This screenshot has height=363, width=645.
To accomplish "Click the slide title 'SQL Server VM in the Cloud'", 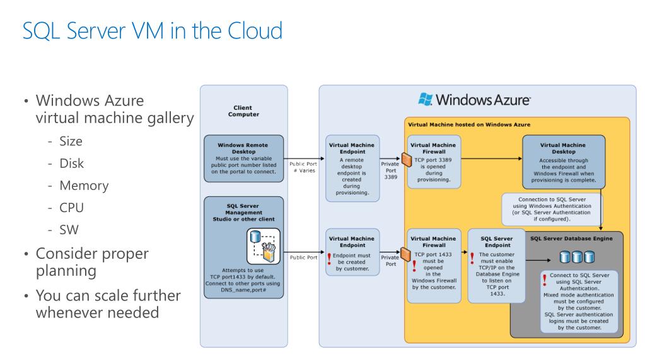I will pos(152,31).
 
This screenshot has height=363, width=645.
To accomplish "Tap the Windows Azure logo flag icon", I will pos(426,99).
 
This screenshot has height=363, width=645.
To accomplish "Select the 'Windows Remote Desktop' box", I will pos(242,158).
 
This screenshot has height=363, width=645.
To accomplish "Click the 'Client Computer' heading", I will pos(242,111).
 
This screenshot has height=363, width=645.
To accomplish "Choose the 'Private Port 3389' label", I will pos(390,170).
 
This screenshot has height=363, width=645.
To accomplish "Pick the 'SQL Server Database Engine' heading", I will pos(571,239).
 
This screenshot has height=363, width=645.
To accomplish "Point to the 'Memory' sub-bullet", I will pos(84,186).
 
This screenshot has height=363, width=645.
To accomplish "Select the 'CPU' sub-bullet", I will pos(72,208).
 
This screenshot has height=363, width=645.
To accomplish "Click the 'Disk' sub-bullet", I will pos(71,163).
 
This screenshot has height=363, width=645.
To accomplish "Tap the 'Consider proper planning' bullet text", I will pos(92,262).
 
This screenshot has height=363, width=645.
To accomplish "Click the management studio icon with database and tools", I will pos(262,246).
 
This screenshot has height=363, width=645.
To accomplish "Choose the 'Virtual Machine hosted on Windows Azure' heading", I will pos(469,124).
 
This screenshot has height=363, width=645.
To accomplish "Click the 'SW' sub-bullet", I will pos(69,230).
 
